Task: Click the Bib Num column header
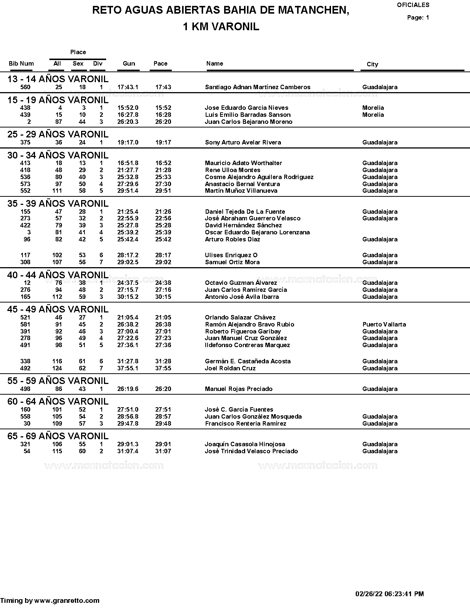pyautogui.click(x=21, y=63)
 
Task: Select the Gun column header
pyautogui.click(x=129, y=63)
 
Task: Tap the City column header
pyautogui.click(x=372, y=64)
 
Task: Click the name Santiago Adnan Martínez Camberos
pyautogui.click(x=257, y=87)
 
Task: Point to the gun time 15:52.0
pyautogui.click(x=128, y=108)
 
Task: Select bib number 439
pyautogui.click(x=25, y=115)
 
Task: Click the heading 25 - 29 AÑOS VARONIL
pyautogui.click(x=58, y=134)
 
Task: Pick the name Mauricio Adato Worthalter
pyautogui.click(x=243, y=163)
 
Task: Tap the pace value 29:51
pyautogui.click(x=163, y=191)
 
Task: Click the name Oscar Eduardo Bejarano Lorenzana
pyautogui.click(x=257, y=233)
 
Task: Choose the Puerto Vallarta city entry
pyautogui.click(x=384, y=325)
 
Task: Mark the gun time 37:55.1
pyautogui.click(x=128, y=368)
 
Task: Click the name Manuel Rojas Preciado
pyautogui.click(x=239, y=389)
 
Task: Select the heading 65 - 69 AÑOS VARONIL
pyautogui.click(x=58, y=436)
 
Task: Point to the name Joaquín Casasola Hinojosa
pyautogui.click(x=245, y=444)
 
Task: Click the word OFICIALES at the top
pyautogui.click(x=413, y=5)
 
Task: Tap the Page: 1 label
pyautogui.click(x=418, y=18)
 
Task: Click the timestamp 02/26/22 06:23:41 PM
pyautogui.click(x=389, y=594)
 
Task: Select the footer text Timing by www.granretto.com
pyautogui.click(x=50, y=601)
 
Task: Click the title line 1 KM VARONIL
pyautogui.click(x=221, y=27)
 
